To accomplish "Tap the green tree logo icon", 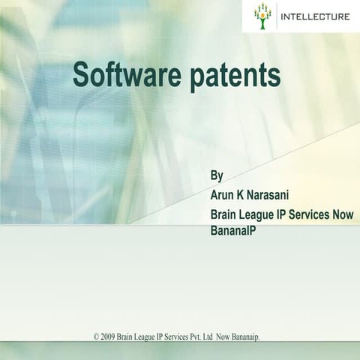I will pos(262,16).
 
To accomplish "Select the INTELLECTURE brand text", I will pos(314,16).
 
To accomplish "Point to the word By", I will pos(217,176).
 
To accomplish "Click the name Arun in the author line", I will pos(223,195).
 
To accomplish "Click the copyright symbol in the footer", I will pos(96,337).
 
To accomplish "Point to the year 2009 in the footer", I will pos(109,337).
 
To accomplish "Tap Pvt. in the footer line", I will pos(195,337).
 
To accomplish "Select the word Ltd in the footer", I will pos(210,337).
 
